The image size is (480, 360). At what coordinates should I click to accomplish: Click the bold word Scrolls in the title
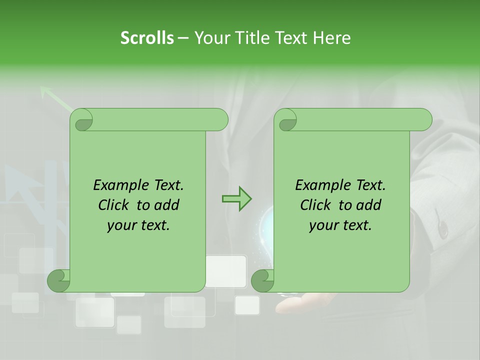(147, 38)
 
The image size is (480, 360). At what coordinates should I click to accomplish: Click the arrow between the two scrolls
(236, 199)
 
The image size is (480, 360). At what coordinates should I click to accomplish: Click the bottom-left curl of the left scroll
(58, 281)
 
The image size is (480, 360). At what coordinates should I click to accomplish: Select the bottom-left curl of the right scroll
(262, 281)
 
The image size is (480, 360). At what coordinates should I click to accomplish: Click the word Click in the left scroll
(114, 205)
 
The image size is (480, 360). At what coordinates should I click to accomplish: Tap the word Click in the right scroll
(316, 205)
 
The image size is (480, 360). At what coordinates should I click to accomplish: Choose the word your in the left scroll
(121, 225)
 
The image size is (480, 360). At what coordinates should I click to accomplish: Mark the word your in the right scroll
(323, 225)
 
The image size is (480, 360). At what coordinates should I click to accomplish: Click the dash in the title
(183, 38)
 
